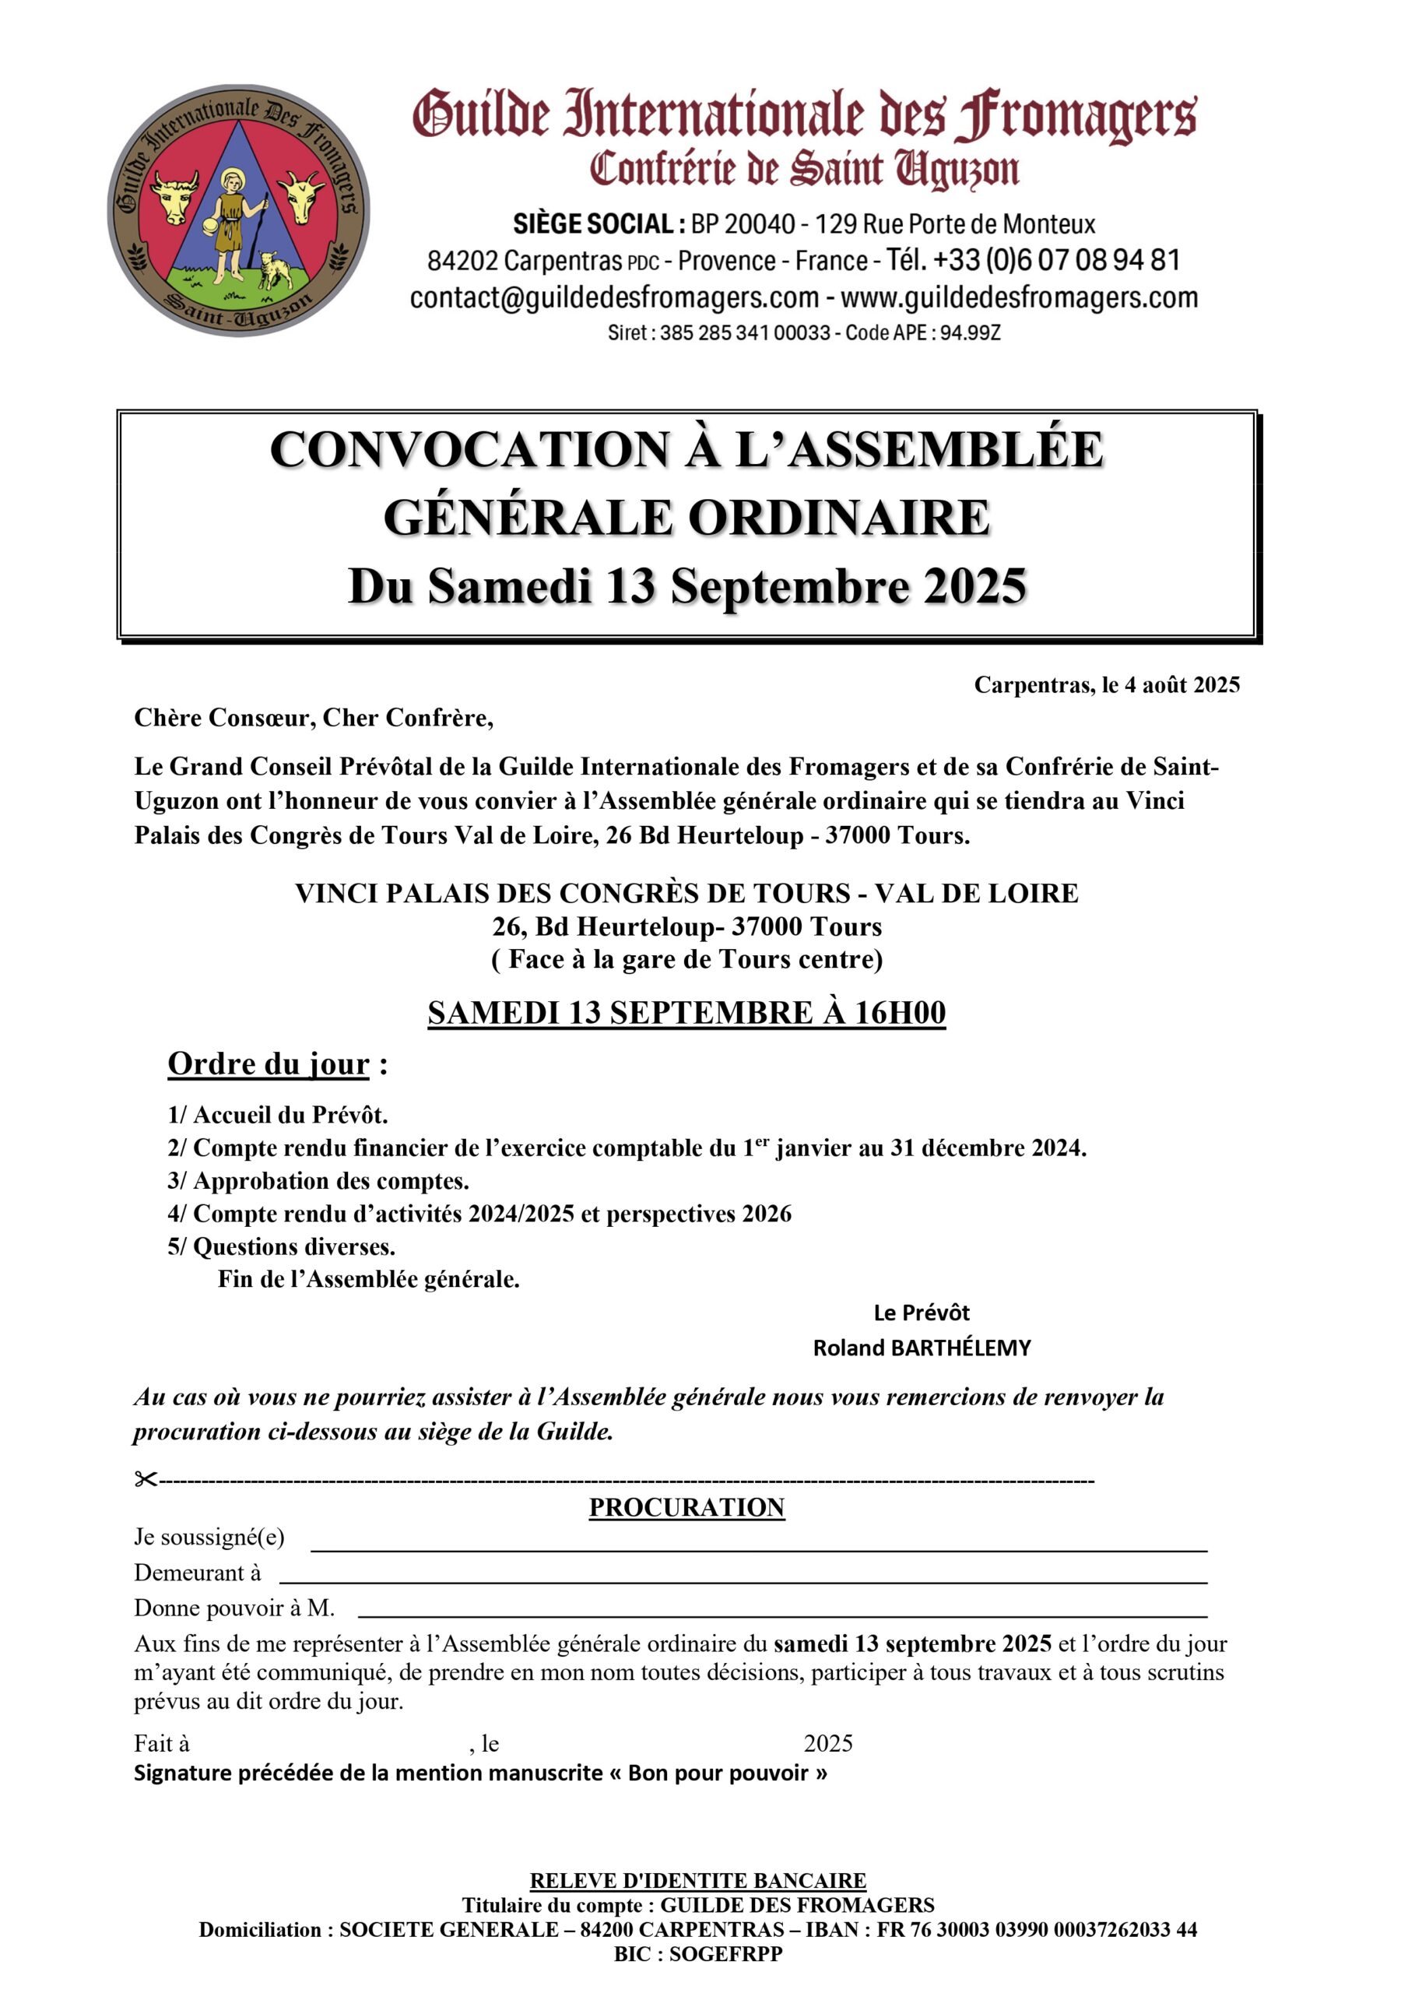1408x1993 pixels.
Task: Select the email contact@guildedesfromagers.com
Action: (x=614, y=297)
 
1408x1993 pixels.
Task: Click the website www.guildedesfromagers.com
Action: (x=1019, y=297)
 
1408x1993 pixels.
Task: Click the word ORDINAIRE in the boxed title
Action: (x=838, y=518)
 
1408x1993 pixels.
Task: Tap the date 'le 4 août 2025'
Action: (x=1170, y=685)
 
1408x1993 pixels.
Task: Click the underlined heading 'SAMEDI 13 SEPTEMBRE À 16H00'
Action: (x=686, y=1013)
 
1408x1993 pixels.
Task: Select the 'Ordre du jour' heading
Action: (x=269, y=1064)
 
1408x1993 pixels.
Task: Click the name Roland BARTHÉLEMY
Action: (x=921, y=1348)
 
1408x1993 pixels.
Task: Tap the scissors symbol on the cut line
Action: (x=145, y=1479)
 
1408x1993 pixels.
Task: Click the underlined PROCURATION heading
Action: (x=686, y=1508)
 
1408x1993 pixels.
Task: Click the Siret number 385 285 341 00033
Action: (x=744, y=332)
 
